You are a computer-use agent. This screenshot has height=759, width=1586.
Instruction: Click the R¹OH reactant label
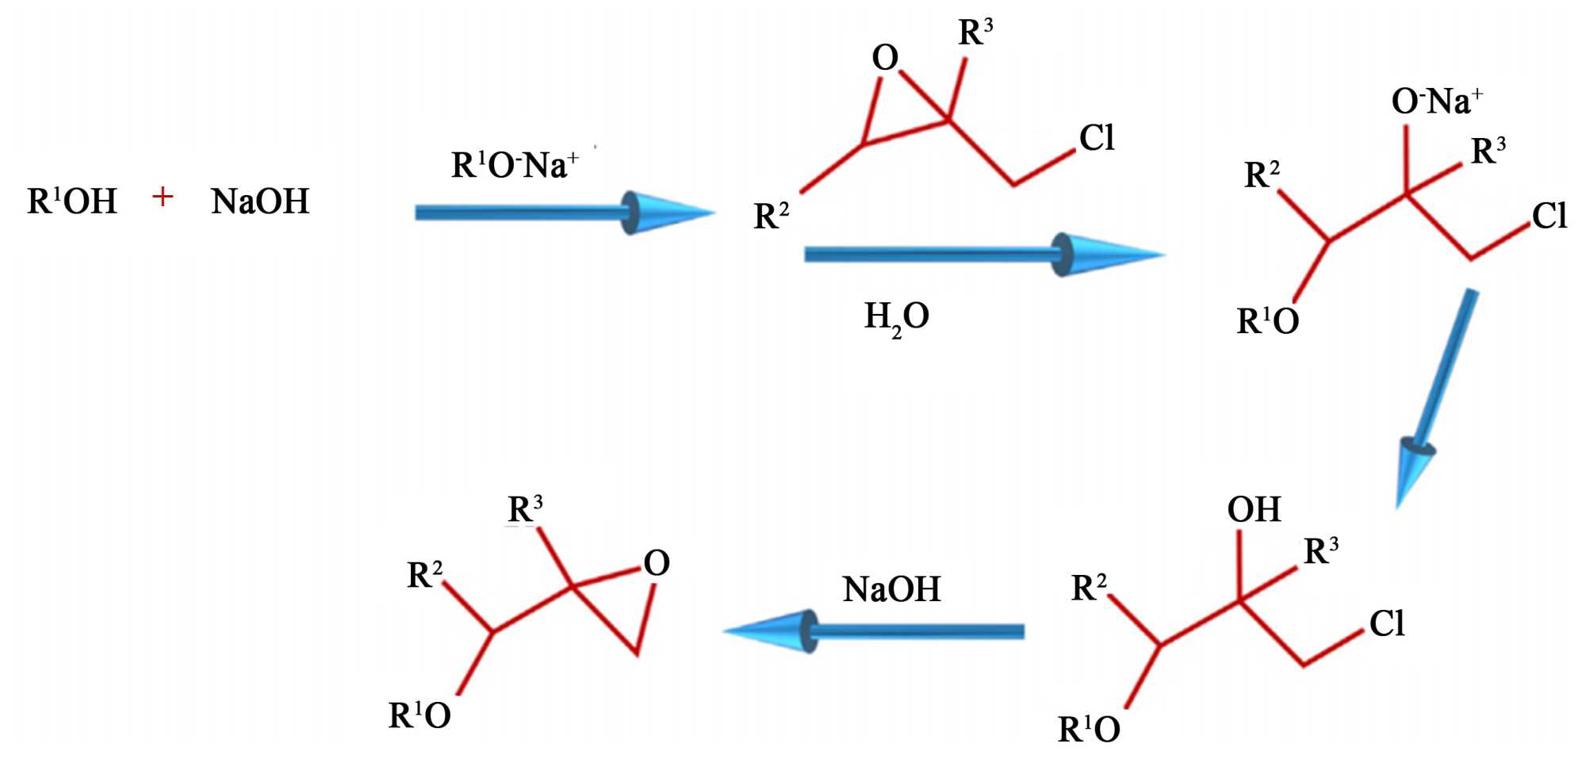point(72,201)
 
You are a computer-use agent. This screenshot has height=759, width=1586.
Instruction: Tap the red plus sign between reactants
point(163,197)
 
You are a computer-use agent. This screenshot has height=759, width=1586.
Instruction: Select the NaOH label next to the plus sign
point(260,201)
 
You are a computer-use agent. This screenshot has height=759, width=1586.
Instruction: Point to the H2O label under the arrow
point(896,317)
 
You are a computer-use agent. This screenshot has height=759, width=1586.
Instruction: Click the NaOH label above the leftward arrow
point(891,589)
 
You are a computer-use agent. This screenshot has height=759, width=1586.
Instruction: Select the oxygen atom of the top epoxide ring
point(885,57)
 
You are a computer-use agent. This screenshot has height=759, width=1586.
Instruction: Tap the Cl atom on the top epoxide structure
point(1097,138)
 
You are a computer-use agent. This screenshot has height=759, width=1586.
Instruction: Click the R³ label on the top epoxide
point(975,33)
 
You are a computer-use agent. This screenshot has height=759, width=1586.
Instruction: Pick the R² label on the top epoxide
point(771,216)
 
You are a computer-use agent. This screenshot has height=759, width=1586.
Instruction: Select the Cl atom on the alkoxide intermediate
point(1549,216)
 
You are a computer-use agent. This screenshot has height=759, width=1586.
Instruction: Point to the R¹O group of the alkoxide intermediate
point(1267,321)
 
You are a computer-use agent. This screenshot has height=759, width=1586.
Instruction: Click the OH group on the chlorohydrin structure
point(1254,509)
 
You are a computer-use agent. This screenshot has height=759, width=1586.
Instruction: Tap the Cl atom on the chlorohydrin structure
point(1387,623)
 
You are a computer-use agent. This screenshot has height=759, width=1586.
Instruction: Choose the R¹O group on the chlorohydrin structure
point(1089,729)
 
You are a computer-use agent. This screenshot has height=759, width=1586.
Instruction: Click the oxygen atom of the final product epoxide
point(657,563)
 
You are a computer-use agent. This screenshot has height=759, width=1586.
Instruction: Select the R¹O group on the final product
point(419,715)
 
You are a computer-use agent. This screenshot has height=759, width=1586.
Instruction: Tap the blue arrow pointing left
point(872,631)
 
